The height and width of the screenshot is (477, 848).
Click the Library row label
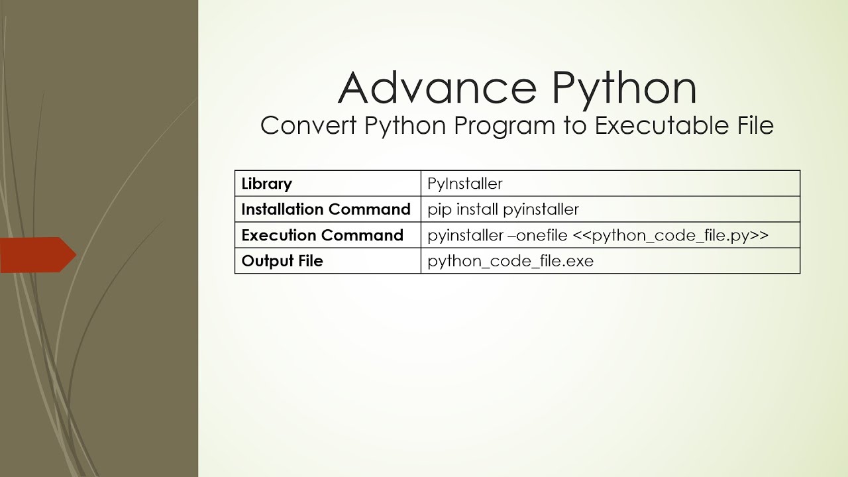[266, 184]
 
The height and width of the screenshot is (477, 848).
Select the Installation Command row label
[326, 209]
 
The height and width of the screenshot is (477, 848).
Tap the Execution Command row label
[322, 235]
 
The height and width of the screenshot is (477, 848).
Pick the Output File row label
[282, 261]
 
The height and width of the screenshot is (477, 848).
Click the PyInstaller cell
[465, 184]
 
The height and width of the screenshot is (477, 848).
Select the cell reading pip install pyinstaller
[503, 209]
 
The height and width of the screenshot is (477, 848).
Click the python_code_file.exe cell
[510, 261]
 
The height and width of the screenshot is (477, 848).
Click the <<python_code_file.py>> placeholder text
[670, 236]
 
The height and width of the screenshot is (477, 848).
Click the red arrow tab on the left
[37, 255]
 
